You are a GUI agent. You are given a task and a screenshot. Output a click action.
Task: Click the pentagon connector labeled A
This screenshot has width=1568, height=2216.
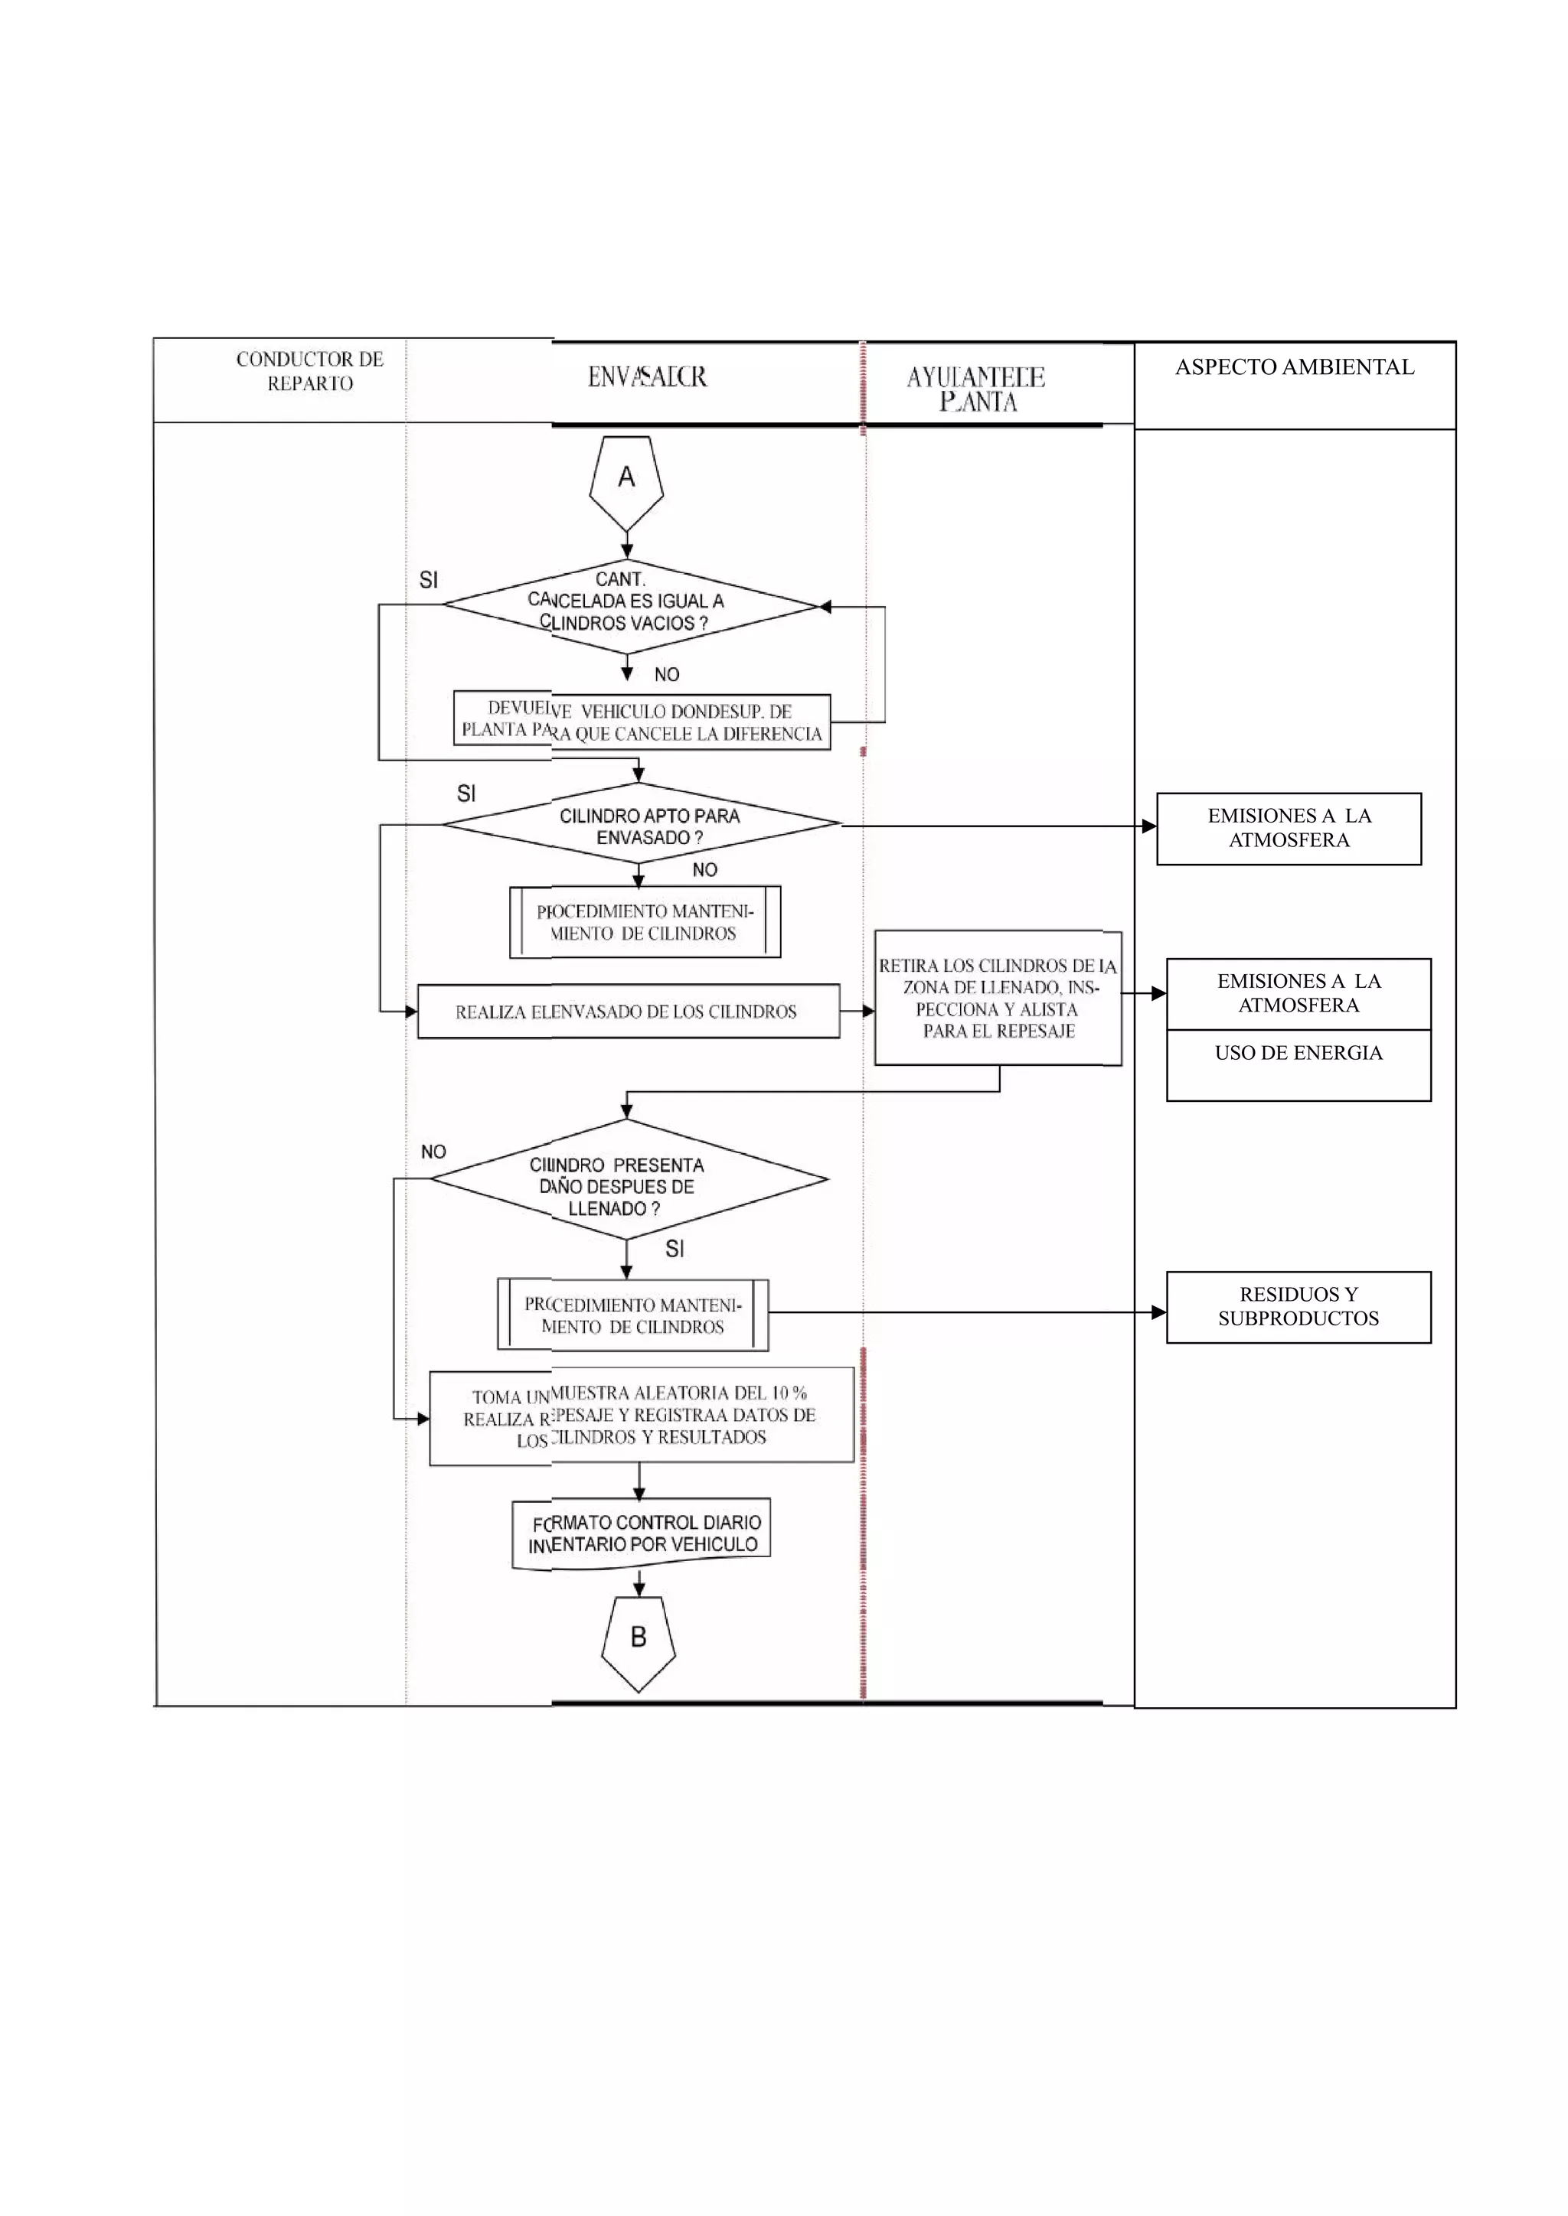(x=626, y=480)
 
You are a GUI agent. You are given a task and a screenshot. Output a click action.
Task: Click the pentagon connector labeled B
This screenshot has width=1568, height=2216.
(x=639, y=1642)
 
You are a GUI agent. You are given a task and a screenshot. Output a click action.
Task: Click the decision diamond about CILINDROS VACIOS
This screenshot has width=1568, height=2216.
(x=628, y=605)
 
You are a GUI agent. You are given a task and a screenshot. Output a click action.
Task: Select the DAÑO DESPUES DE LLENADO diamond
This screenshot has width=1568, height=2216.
(x=628, y=1179)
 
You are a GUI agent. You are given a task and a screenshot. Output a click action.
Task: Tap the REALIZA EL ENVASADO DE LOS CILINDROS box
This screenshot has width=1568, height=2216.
(x=628, y=1012)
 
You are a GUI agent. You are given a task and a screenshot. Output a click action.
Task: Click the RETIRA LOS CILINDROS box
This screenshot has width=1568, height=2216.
(x=998, y=998)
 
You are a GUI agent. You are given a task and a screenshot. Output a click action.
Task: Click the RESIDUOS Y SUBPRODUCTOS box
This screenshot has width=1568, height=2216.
(x=1298, y=1306)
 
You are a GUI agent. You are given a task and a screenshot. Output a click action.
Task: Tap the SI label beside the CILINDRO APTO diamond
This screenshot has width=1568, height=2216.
(x=466, y=794)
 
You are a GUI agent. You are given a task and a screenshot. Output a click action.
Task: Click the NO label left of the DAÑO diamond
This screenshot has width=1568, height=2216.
(x=433, y=1152)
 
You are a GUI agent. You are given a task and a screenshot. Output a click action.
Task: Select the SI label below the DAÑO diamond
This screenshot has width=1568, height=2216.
(x=675, y=1249)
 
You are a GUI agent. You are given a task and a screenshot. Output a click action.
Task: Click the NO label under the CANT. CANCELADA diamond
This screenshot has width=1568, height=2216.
(x=667, y=675)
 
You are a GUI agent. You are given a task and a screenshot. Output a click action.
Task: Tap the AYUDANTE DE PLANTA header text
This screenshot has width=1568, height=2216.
(x=976, y=389)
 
